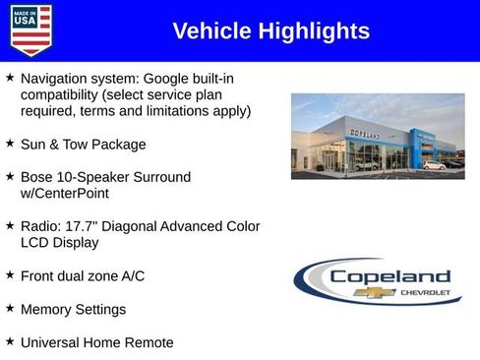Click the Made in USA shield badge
click(x=30, y=30)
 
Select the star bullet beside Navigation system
click(x=10, y=77)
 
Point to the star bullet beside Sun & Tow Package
click(x=10, y=144)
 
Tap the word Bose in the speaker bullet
click(x=36, y=177)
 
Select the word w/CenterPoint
click(x=63, y=194)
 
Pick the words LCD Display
click(x=60, y=243)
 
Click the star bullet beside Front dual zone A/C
click(x=10, y=275)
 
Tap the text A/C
click(x=131, y=276)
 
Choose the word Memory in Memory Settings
click(x=46, y=310)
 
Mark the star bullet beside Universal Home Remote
click(x=10, y=342)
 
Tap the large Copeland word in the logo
click(x=390, y=277)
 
